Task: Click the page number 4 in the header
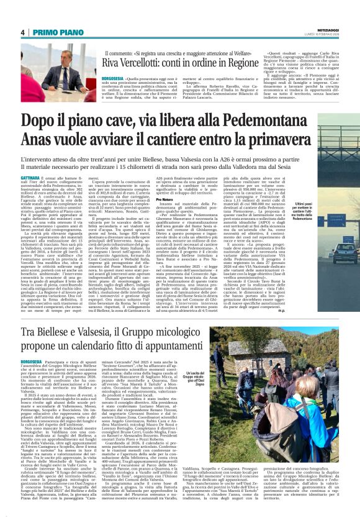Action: pos(22,32)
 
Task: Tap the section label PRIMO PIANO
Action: pos(53,32)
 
